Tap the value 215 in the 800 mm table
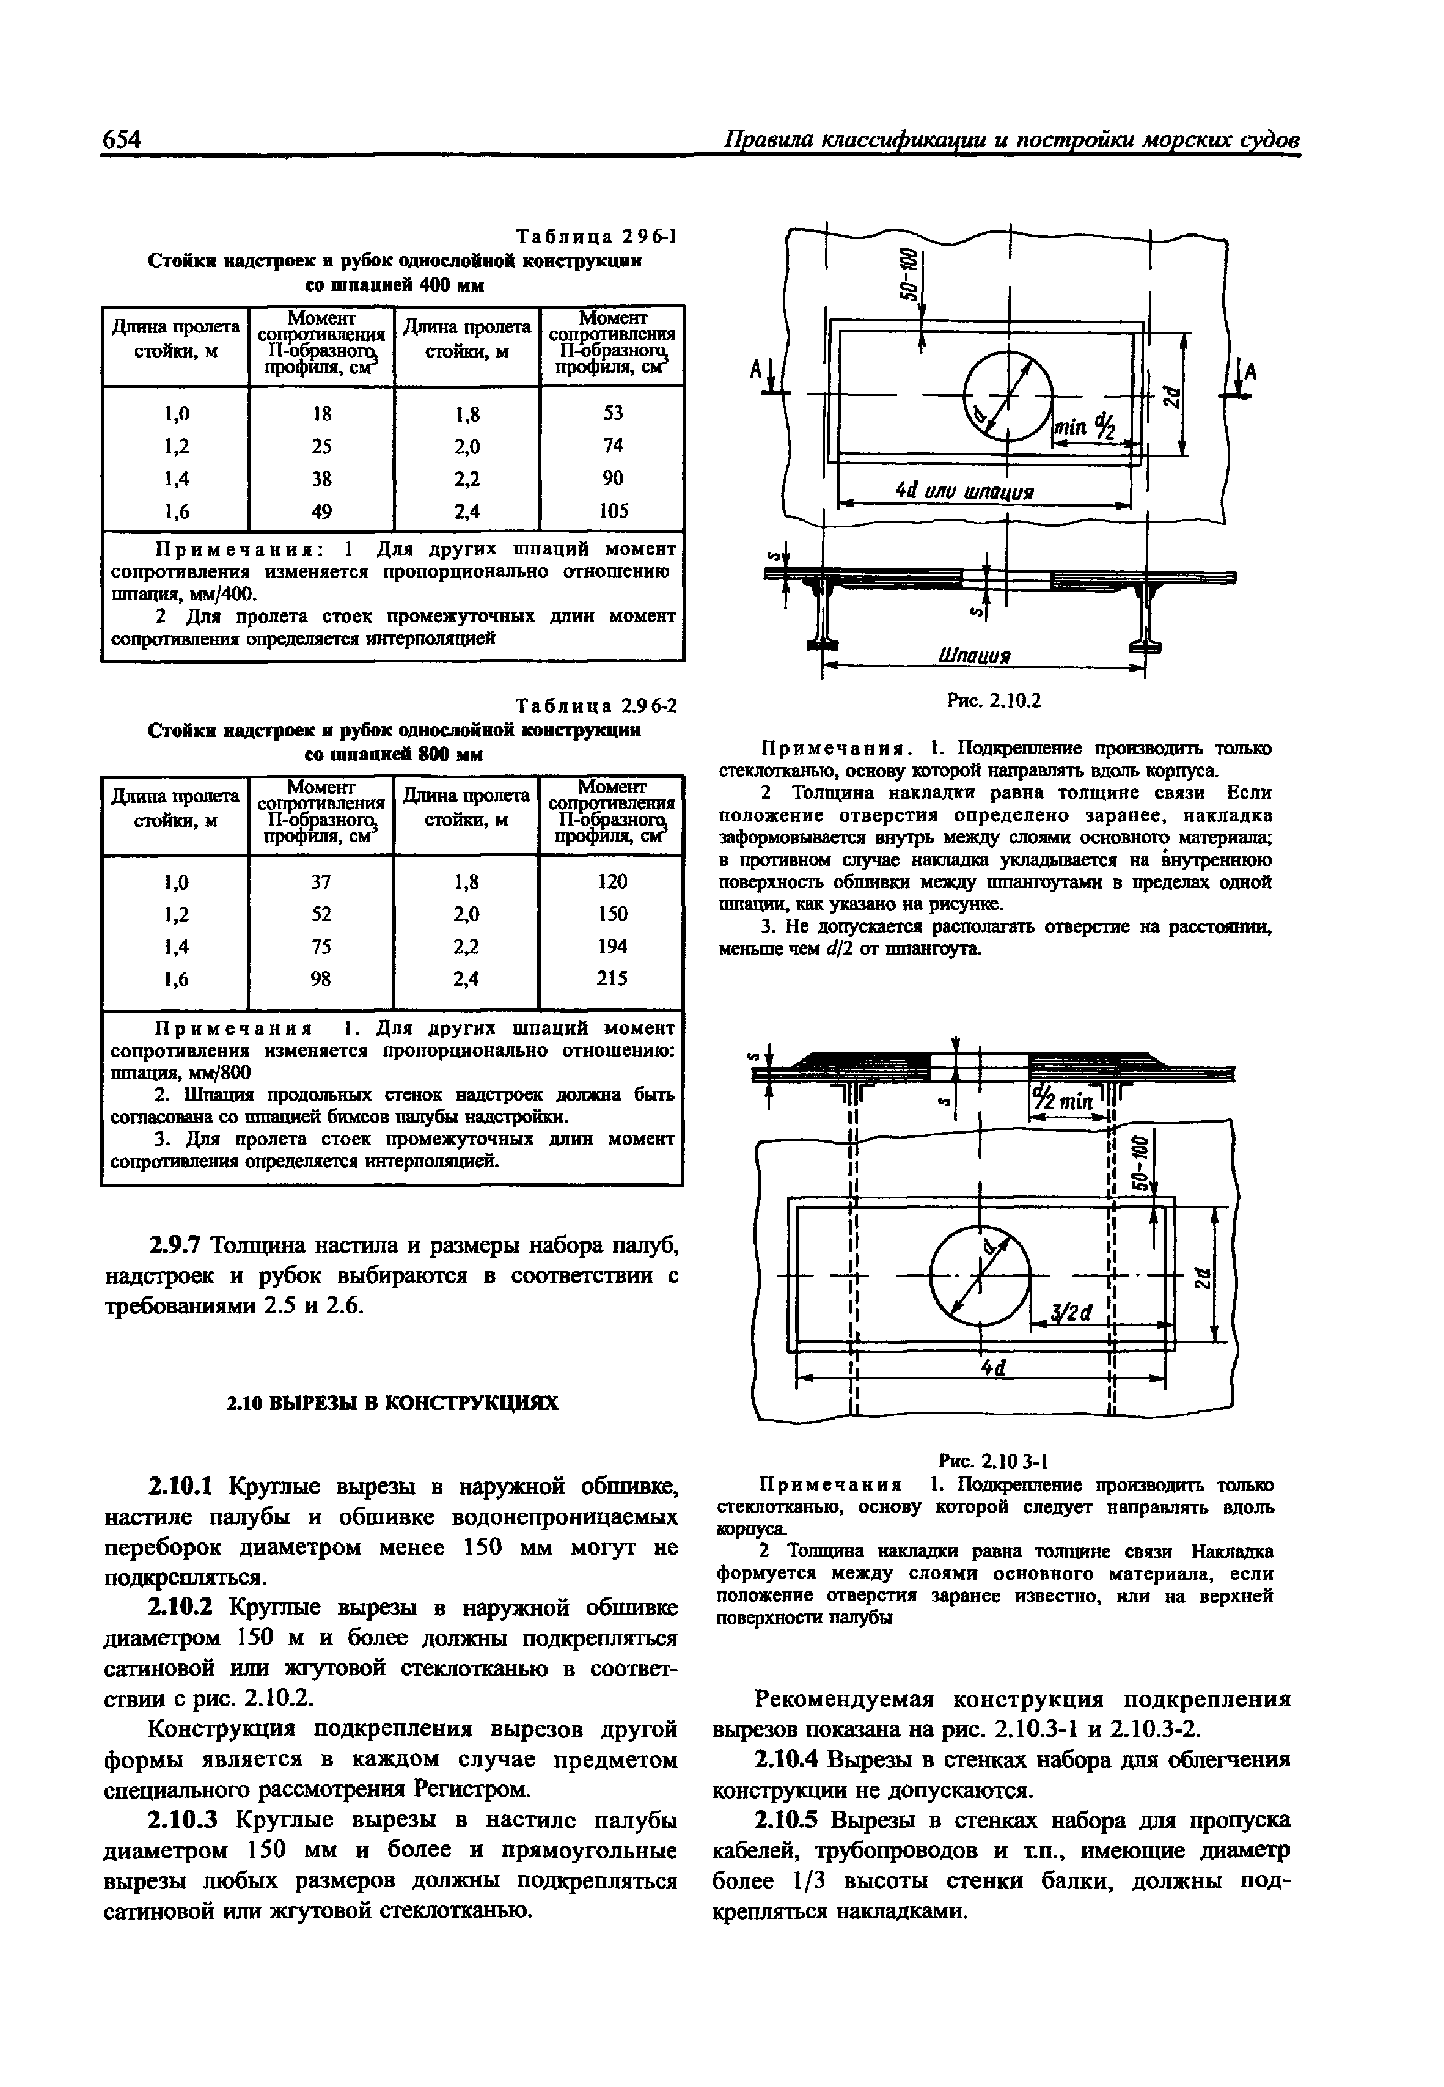[612, 978]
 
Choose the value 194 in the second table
[612, 946]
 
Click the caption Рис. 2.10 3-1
[992, 1459]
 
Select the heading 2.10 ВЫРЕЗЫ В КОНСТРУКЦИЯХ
[391, 1402]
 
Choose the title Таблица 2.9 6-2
[595, 705]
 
